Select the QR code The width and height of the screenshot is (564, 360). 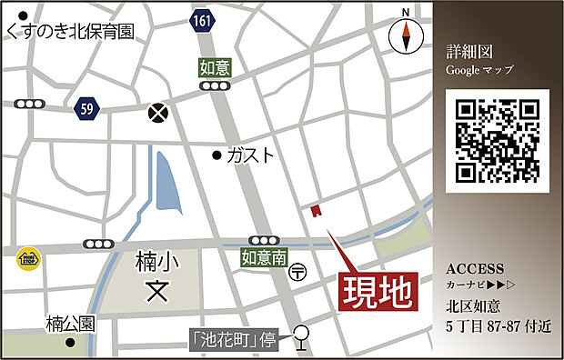(498, 140)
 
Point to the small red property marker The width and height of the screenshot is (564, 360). (315, 211)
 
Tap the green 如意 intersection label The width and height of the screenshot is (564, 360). (215, 66)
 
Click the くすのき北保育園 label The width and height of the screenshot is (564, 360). (69, 31)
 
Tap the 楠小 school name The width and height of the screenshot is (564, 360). (157, 262)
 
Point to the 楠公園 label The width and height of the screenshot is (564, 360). (71, 323)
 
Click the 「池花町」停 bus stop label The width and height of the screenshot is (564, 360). (234, 341)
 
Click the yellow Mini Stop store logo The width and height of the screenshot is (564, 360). (26, 259)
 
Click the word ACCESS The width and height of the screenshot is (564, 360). (476, 269)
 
